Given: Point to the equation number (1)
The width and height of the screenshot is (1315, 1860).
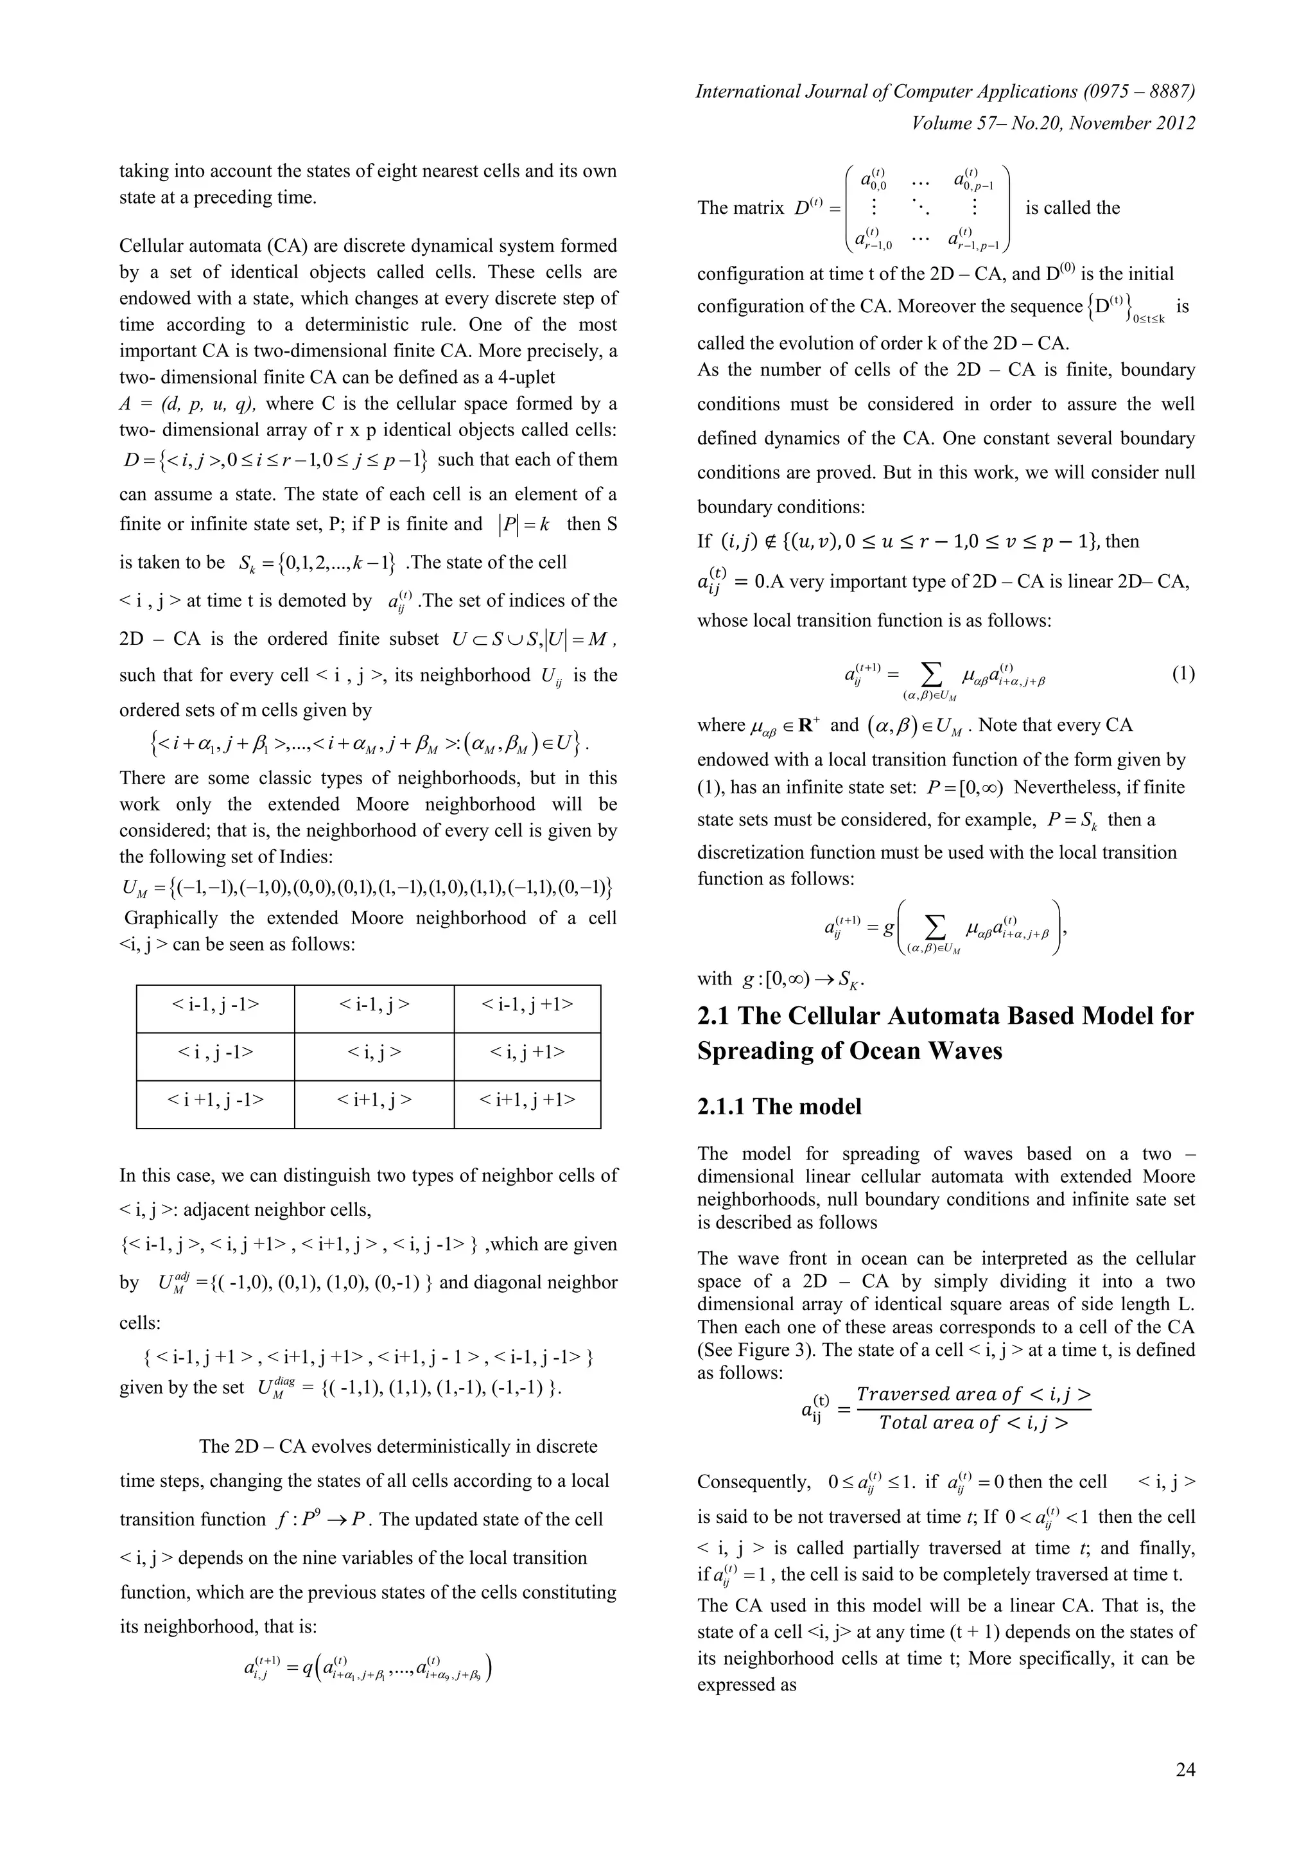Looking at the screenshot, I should click(x=1183, y=674).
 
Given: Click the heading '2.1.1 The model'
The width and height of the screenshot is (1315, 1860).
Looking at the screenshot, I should click(x=779, y=1107).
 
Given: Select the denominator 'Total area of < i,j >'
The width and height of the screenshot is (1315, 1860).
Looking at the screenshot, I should click(x=973, y=1423).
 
